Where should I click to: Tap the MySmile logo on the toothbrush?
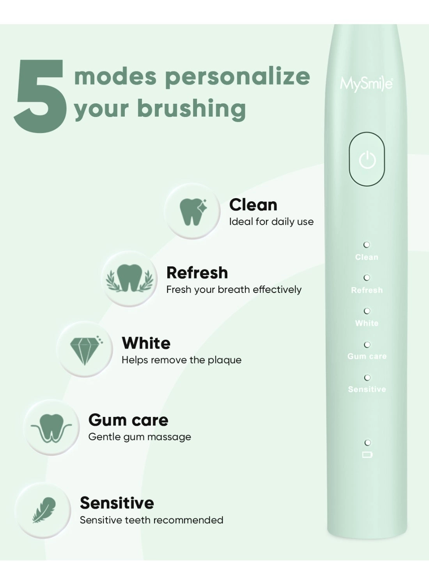366,84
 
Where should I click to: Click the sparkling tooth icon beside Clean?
193,211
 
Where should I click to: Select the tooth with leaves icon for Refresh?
129,278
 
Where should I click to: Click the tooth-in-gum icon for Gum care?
51,428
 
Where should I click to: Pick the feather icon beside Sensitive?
44,510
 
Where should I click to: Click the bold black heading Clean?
253,205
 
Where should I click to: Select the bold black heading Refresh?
197,273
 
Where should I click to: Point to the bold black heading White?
146,343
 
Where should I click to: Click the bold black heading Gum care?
128,420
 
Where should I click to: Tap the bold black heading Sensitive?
117,503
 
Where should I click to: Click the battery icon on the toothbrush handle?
367,455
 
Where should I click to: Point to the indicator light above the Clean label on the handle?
367,245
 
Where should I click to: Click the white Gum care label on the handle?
367,356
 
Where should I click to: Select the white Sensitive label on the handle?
367,389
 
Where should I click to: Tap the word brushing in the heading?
191,108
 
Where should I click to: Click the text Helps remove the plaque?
181,360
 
